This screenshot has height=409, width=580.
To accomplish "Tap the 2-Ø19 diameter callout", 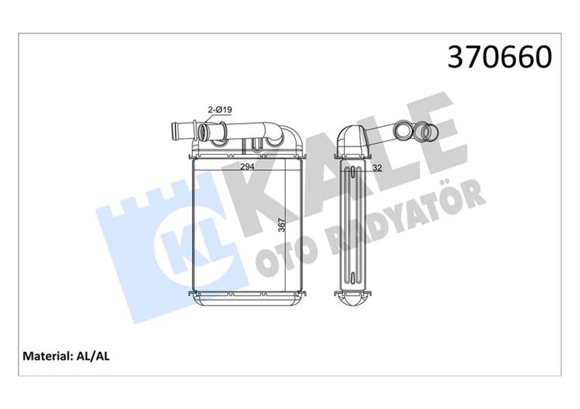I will (218, 109).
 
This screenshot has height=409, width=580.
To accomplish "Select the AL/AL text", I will (92, 356).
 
